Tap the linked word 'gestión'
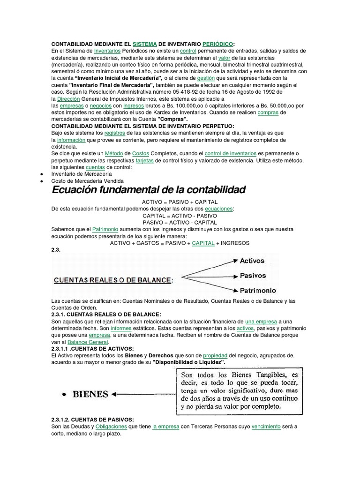pyautogui.click(x=206, y=78)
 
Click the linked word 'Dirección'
pyautogui.click(x=68, y=99)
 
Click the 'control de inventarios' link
pyautogui.click(x=231, y=153)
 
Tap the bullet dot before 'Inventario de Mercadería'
pyautogui.click(x=42, y=174)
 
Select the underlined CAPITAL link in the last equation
pyautogui.click(x=203, y=243)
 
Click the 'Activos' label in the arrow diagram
pyautogui.click(x=252, y=261)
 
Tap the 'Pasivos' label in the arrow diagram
pyautogui.click(x=253, y=276)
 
